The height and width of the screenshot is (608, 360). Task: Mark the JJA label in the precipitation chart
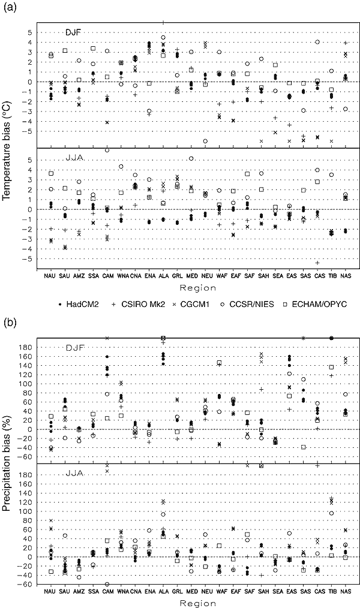pyautogui.click(x=73, y=474)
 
